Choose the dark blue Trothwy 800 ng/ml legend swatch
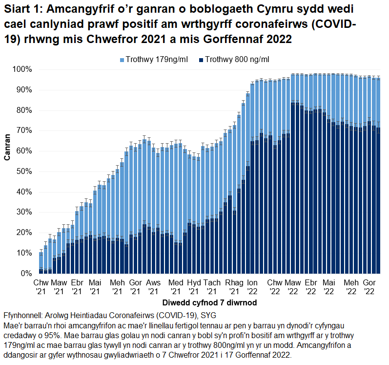click(x=201, y=60)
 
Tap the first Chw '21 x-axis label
click(x=41, y=287)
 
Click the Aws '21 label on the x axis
click(x=153, y=287)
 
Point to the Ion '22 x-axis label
click(x=252, y=287)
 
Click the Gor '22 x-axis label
click(x=369, y=287)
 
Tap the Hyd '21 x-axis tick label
click(x=194, y=287)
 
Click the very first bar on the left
click(x=41, y=263)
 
